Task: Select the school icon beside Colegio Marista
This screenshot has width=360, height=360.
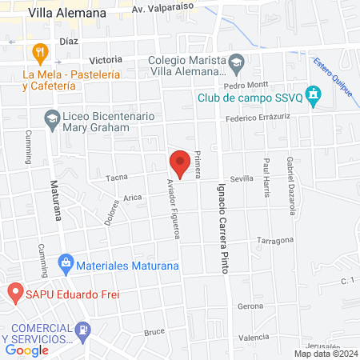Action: pos(236,62)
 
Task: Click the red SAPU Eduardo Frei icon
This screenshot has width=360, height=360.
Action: pos(14,293)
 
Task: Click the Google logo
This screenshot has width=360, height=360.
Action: pos(26,350)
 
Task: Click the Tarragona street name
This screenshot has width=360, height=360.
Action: pos(276,240)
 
